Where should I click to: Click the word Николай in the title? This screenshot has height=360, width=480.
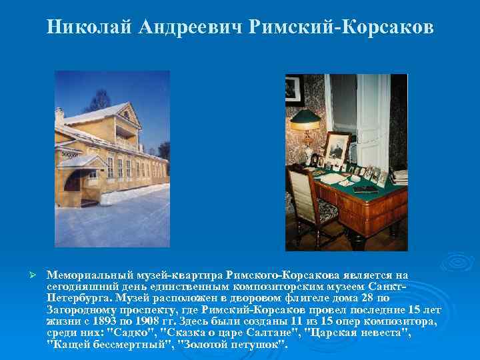pyautogui.click(x=89, y=28)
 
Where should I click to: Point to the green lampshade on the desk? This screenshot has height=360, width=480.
pyautogui.click(x=312, y=119)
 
